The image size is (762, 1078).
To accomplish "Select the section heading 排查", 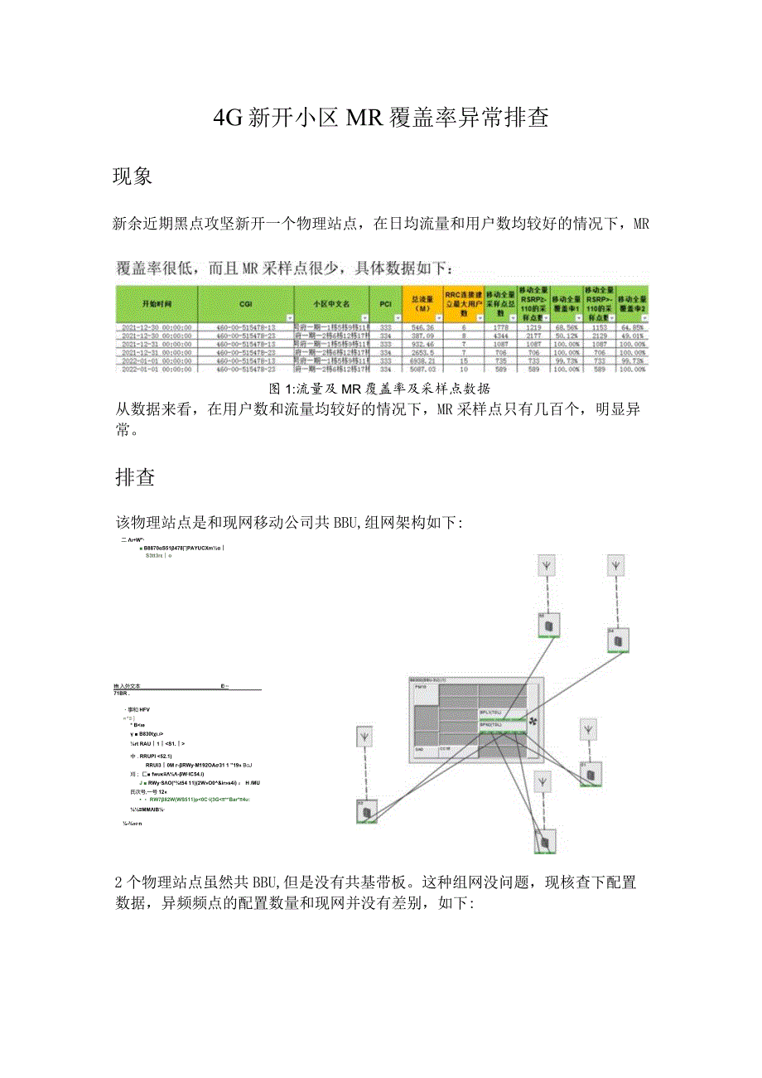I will (133, 477).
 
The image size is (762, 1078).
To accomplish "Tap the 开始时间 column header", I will (156, 304).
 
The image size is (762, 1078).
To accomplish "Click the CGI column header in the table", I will (245, 304).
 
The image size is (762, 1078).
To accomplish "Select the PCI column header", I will (385, 304).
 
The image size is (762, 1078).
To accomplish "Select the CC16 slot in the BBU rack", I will (444, 748).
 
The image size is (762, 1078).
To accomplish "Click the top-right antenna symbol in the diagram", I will (615, 567).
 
